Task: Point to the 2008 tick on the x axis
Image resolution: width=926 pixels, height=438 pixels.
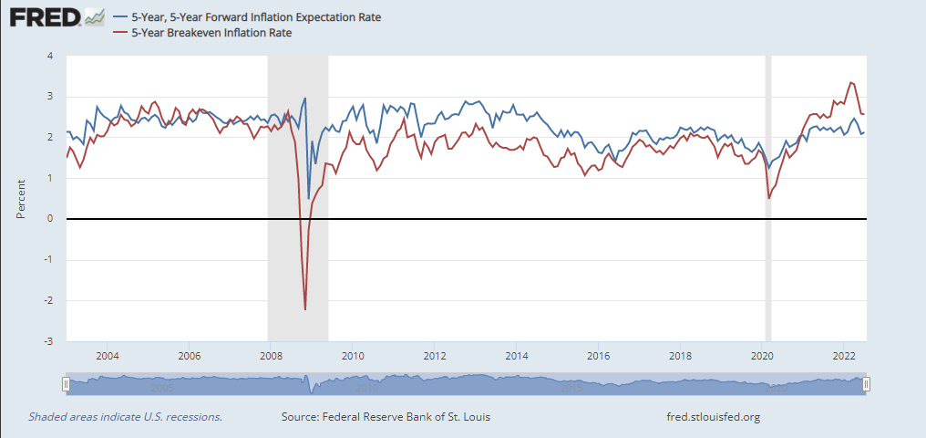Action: pos(270,356)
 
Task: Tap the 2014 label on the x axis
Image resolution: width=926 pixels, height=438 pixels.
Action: pos(516,356)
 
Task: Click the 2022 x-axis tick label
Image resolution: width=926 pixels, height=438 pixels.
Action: pos(844,356)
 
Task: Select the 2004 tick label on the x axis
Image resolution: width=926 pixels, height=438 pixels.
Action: pos(107,356)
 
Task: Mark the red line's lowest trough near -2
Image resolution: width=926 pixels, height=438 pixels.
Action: pos(304,309)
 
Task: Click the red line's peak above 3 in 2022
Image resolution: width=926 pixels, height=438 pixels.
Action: pos(850,82)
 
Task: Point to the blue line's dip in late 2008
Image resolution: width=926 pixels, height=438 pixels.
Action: pos(309,198)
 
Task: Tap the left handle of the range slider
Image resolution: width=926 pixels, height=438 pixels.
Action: pos(66,384)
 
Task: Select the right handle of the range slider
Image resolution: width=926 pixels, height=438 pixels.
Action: pos(867,384)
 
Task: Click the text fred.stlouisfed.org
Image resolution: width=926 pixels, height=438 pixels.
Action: pos(714,417)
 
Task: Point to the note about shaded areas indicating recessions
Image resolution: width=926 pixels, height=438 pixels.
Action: pos(125,417)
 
